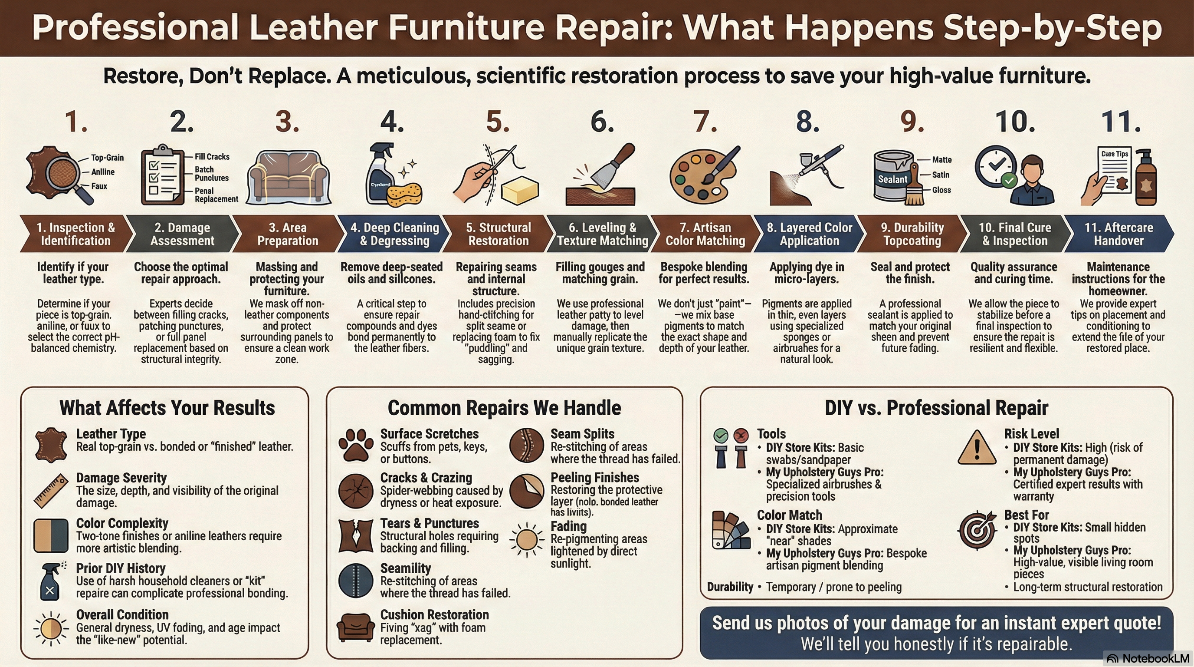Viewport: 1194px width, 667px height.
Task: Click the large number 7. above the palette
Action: [x=705, y=122]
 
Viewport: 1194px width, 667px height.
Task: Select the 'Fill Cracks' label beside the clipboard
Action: [x=212, y=157]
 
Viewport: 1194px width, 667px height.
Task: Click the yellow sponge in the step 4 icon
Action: [x=404, y=195]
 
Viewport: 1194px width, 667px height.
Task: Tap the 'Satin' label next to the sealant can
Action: [x=941, y=175]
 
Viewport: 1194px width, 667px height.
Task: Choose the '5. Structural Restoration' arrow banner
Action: [x=498, y=234]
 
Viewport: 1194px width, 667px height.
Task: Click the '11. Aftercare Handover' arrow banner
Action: [x=1118, y=234]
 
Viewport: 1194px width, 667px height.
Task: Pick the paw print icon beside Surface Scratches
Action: [x=355, y=444]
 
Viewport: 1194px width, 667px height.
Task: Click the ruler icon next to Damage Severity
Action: [x=51, y=490]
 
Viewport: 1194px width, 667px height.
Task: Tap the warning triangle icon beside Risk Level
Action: [x=977, y=447]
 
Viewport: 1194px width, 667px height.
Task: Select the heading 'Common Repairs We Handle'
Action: [x=504, y=408]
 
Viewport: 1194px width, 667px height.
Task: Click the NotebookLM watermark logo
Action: [x=1148, y=659]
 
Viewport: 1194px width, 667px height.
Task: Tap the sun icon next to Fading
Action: [x=526, y=539]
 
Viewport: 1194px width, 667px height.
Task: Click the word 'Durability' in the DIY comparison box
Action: [x=730, y=587]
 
